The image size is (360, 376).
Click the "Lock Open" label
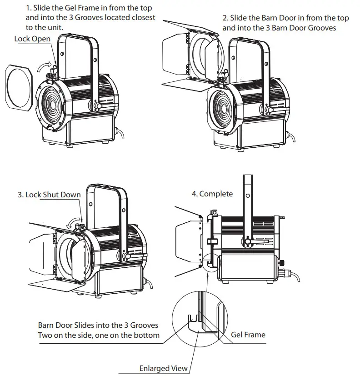tap(32, 39)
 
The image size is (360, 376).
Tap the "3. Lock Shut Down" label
tap(49, 195)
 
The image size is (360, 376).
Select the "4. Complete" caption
tap(212, 194)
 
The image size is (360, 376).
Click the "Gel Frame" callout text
tap(248, 335)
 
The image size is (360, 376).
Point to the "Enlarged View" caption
tap(163, 368)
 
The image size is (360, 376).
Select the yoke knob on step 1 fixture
tap(99, 106)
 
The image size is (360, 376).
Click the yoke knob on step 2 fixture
tap(269, 110)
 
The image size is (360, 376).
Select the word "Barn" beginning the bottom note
tap(47, 325)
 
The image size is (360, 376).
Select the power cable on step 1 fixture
tap(122, 133)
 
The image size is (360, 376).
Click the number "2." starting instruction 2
tap(225, 18)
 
